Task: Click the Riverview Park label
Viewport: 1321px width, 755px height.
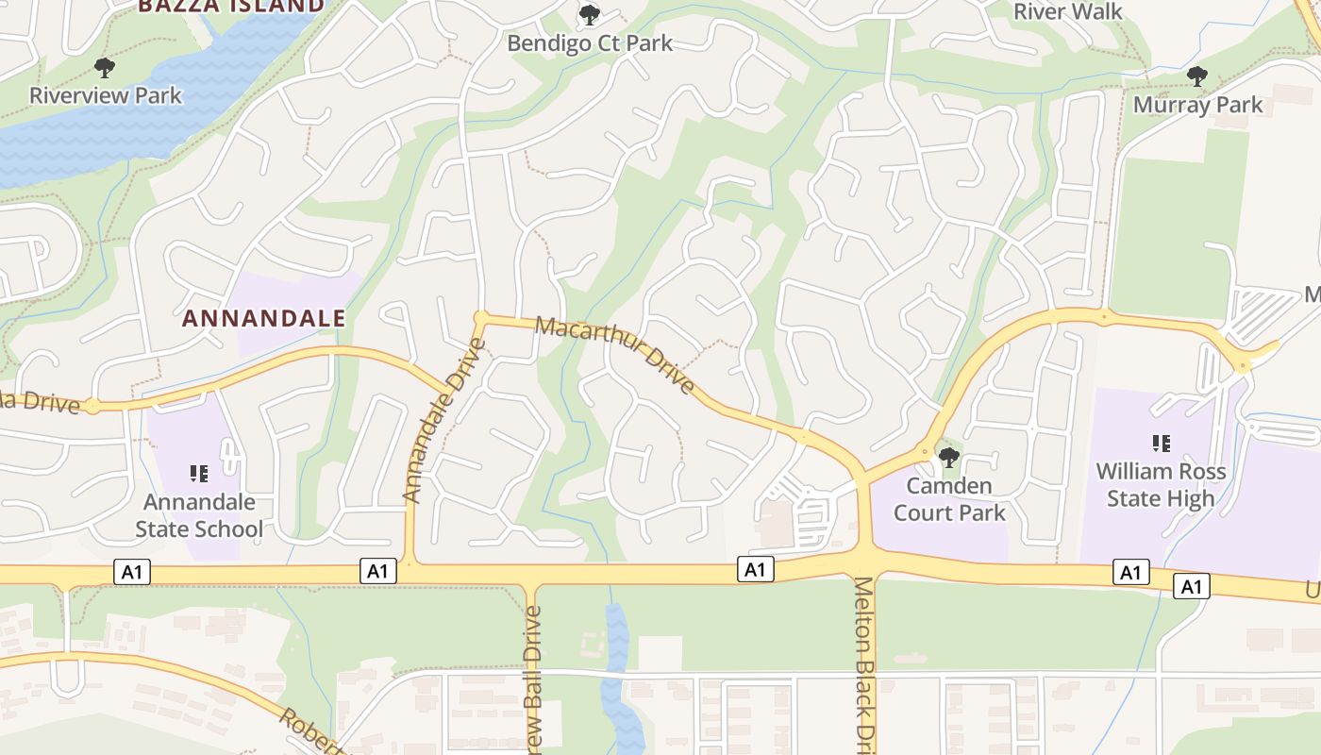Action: coord(105,95)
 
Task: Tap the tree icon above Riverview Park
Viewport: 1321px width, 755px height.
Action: coord(105,67)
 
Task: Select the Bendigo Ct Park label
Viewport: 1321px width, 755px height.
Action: coord(590,43)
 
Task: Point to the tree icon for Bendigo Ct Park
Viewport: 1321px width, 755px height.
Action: coord(590,15)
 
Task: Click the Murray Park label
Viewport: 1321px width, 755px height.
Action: coord(1197,105)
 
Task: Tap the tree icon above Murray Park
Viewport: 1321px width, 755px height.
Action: coord(1197,76)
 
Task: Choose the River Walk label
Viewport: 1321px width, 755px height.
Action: coord(1068,11)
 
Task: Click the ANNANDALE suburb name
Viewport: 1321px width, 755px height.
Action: coord(263,318)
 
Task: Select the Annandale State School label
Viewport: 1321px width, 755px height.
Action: coord(199,515)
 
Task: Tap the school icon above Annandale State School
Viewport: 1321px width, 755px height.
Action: coord(199,473)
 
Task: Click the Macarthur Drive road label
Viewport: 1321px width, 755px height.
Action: coord(615,355)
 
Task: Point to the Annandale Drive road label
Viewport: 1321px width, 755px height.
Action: coord(443,420)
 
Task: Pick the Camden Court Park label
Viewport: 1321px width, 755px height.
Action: coord(949,499)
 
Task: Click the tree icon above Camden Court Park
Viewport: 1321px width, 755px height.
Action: coord(949,459)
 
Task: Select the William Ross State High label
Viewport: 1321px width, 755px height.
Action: coord(1161,484)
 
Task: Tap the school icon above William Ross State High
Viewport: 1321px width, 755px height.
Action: coord(1162,443)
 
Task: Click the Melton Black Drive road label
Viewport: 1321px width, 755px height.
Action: coord(865,661)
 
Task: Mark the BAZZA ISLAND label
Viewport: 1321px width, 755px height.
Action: coord(230,6)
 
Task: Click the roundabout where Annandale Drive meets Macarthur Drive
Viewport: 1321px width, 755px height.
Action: coord(481,317)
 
